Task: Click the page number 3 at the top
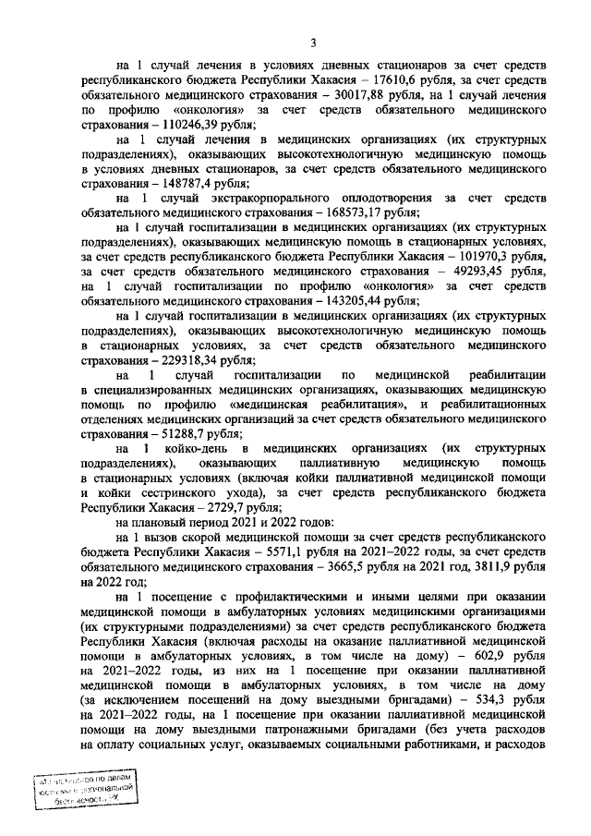tap(313, 42)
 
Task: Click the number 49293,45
tap(464, 272)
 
